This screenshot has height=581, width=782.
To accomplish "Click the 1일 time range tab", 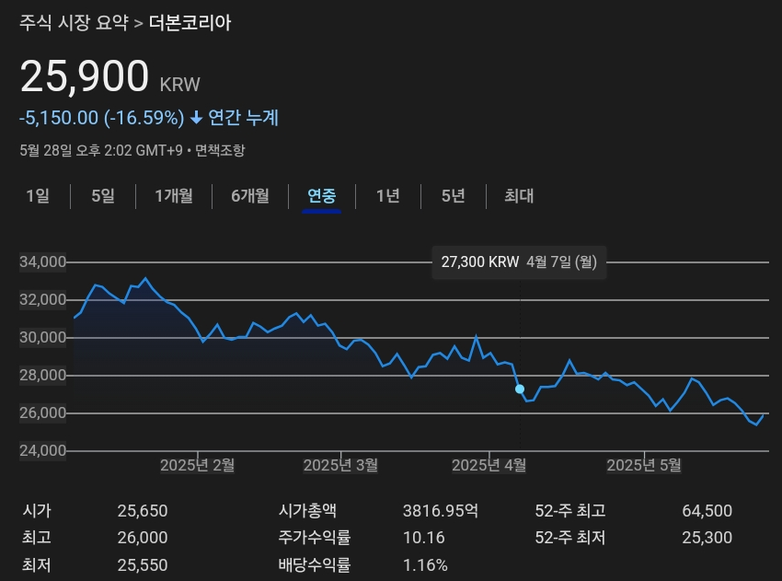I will (x=38, y=195).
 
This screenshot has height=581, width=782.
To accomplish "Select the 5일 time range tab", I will (x=103, y=195).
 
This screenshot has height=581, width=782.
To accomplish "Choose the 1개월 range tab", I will (x=174, y=195).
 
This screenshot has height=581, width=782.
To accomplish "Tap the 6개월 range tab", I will (x=250, y=195).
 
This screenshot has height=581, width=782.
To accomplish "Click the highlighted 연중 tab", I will (x=322, y=195).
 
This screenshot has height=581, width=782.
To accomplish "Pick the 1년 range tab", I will (x=388, y=195).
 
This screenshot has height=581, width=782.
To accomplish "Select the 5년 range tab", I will (x=453, y=195).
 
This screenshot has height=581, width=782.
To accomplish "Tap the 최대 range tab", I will (x=519, y=195).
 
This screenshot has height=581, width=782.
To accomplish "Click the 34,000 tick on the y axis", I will (x=42, y=262).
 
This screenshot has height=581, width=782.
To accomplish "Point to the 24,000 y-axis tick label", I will (x=42, y=451).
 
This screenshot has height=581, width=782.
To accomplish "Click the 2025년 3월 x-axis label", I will (x=340, y=466).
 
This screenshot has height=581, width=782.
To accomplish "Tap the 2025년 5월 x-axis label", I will (x=644, y=466).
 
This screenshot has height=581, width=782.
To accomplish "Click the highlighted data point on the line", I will (x=520, y=389).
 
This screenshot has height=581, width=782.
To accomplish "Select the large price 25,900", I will (x=85, y=77).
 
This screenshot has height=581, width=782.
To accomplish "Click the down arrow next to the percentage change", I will (x=196, y=118).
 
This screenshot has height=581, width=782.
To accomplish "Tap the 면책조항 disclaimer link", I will (x=220, y=150).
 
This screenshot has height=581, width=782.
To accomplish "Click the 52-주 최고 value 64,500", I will (x=707, y=511).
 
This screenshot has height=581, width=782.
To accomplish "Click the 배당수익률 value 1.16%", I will (x=425, y=564).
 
